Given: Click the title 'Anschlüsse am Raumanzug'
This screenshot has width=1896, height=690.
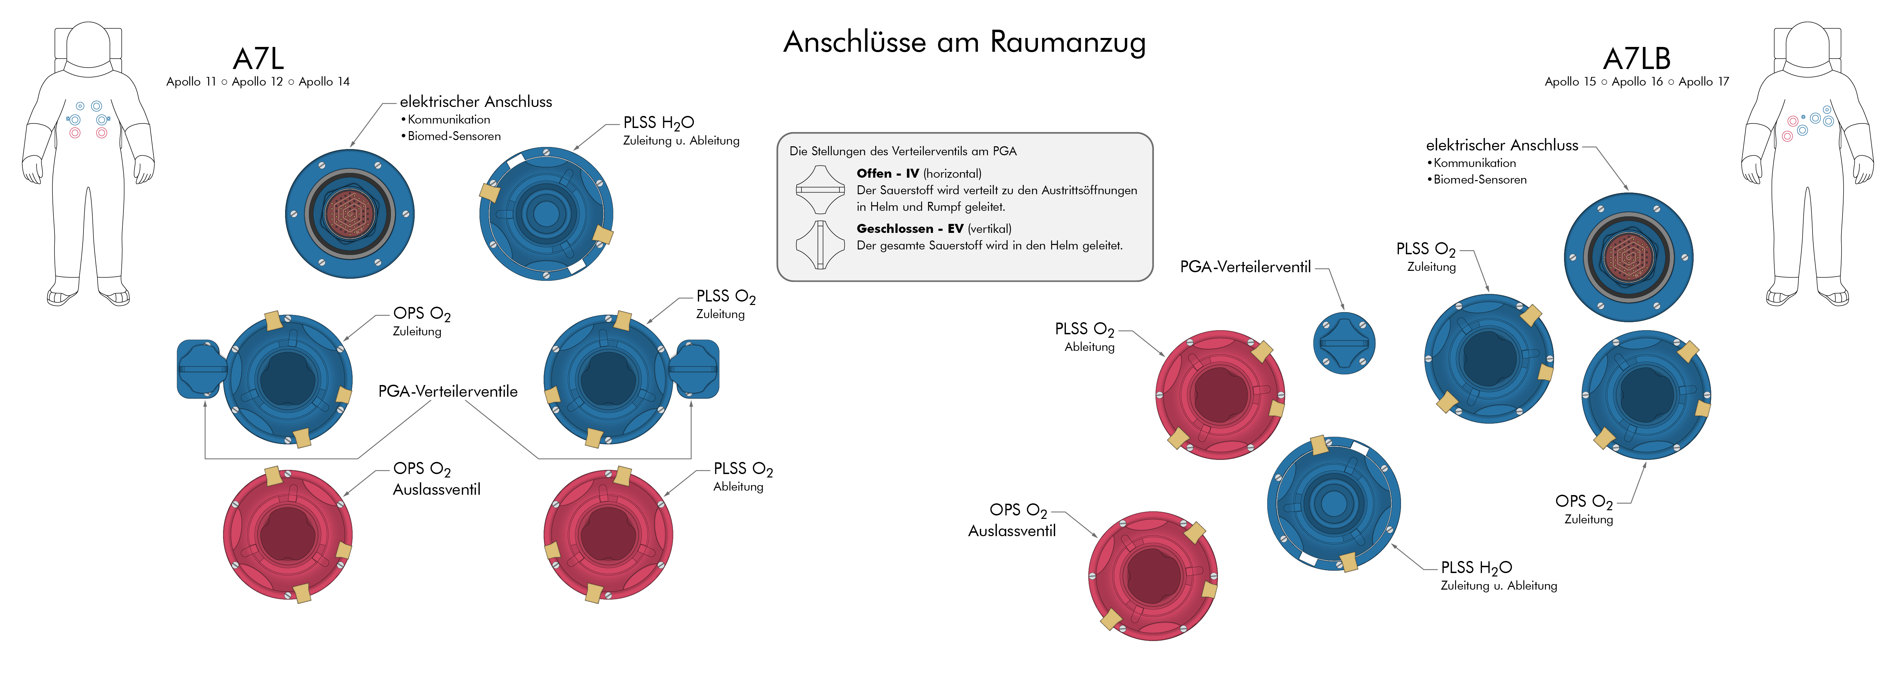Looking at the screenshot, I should point(964,42).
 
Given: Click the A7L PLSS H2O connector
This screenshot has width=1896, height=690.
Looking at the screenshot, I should point(546,214).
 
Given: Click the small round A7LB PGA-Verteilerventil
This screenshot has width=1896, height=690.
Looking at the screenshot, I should point(1344,343).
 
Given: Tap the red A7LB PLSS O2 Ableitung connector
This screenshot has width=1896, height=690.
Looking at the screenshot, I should point(1220,395).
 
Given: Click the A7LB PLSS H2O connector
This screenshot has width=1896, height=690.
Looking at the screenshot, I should point(1333,504).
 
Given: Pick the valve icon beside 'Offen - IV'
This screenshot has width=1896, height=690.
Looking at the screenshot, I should point(820,189).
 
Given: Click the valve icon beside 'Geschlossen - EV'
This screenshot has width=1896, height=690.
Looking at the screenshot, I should point(820,245).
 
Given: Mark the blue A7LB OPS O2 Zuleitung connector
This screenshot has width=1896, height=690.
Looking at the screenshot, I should point(1646,395).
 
